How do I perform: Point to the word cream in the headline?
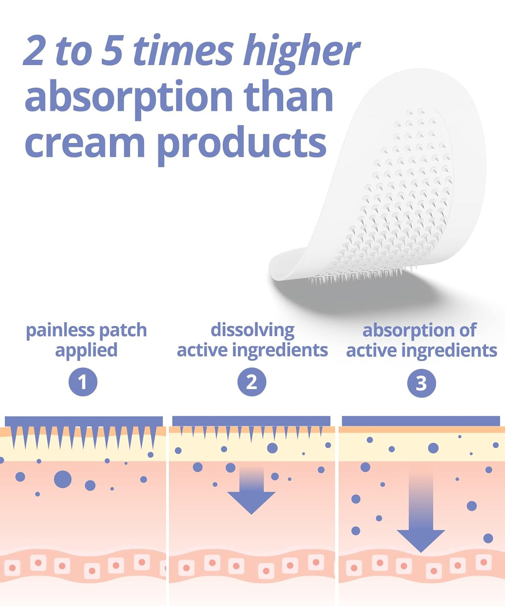tap(85, 143)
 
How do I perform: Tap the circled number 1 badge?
tap(83, 382)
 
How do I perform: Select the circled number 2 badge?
tap(252, 382)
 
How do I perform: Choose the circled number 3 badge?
tap(421, 383)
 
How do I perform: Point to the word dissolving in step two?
tap(253, 330)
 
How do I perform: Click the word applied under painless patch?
tap(86, 350)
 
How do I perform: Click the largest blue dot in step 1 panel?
tap(63, 479)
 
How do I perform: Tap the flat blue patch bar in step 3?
tap(421, 421)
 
